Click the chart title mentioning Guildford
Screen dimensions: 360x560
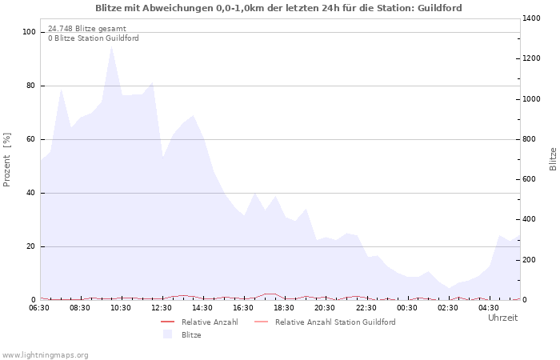point(278,8)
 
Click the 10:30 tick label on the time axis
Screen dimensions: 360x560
point(122,307)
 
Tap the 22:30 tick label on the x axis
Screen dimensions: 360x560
point(366,307)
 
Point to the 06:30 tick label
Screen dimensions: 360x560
point(40,307)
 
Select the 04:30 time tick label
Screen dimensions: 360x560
point(489,307)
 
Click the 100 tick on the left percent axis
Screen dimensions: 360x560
point(30,32)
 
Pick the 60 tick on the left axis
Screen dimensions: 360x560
point(32,139)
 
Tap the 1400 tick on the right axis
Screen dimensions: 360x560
point(533,18)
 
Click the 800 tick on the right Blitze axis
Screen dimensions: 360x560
point(530,139)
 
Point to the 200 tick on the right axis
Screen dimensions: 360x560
point(530,260)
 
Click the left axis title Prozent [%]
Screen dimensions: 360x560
point(7,160)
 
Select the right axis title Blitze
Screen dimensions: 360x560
point(553,158)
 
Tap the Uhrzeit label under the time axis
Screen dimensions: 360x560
point(502,318)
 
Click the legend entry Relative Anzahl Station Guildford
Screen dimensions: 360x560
point(335,322)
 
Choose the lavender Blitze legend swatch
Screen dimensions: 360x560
point(167,334)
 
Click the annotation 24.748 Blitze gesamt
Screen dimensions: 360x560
point(86,28)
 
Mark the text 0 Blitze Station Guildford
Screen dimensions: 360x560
point(93,38)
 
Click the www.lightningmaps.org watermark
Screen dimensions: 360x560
point(45,354)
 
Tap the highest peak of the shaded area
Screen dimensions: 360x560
point(112,46)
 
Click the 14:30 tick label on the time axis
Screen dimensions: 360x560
point(203,307)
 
